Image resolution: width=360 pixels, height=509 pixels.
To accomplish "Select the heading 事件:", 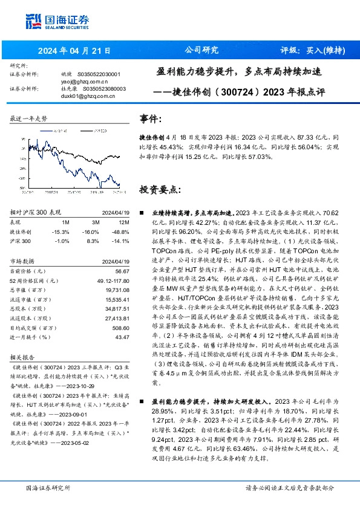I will tap(151, 118).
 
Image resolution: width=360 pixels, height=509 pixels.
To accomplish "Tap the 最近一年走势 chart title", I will tap(28, 119).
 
